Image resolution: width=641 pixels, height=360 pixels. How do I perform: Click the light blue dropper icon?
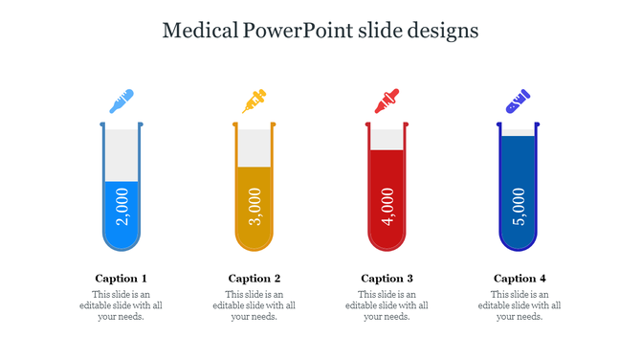point(121,101)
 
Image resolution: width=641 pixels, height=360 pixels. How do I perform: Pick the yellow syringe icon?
point(254,101)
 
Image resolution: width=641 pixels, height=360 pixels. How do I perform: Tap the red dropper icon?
point(387,101)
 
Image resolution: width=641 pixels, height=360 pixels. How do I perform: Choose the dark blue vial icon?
point(519,100)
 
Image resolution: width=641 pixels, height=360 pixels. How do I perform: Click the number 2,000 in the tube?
point(121,207)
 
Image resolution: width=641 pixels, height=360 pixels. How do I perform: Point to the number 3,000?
point(254,206)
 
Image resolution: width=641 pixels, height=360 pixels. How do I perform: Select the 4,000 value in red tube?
point(387,206)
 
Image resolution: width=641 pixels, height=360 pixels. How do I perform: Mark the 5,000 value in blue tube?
point(519,206)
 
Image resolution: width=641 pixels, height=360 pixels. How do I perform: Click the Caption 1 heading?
point(121,279)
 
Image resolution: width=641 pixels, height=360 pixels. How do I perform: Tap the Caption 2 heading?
point(254,279)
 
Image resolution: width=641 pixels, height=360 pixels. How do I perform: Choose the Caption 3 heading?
point(387,279)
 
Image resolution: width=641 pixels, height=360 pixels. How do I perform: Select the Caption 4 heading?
point(519,279)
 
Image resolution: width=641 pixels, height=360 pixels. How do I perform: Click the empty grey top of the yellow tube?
point(254,147)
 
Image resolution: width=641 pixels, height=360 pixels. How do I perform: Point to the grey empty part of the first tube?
point(121,154)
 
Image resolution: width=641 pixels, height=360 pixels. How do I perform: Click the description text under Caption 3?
point(387,305)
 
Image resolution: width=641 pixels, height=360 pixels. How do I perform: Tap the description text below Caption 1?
point(121,305)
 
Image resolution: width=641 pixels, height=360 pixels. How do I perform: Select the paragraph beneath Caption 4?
point(519,305)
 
